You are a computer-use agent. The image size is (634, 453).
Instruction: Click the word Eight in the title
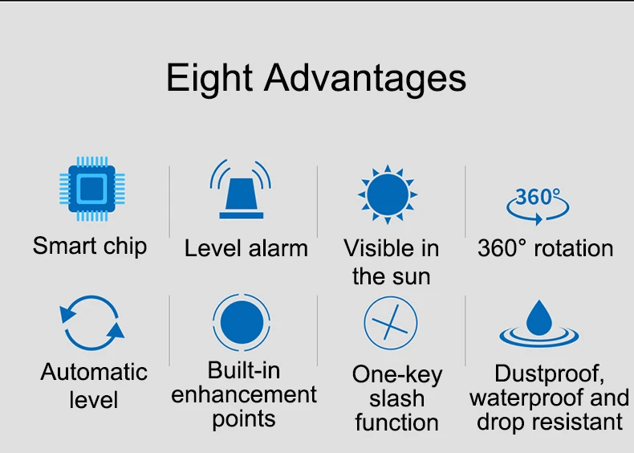click(x=209, y=79)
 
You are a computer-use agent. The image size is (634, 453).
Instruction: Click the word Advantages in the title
click(x=365, y=79)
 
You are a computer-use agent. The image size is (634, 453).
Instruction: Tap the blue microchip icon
click(x=92, y=189)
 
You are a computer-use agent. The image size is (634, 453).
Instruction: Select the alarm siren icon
click(x=241, y=189)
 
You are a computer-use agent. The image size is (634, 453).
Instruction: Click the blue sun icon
click(x=388, y=194)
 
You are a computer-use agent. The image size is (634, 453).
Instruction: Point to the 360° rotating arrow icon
click(x=538, y=206)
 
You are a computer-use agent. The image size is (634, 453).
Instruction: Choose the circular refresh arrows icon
click(x=91, y=323)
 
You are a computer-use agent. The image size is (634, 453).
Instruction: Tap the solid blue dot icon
click(x=242, y=322)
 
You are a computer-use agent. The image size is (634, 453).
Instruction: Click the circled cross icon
click(x=390, y=323)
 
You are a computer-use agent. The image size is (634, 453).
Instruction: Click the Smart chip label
click(x=89, y=246)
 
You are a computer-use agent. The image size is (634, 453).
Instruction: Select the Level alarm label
click(x=246, y=248)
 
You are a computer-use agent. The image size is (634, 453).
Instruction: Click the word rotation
click(x=573, y=248)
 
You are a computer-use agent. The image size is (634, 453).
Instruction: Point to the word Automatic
click(x=94, y=372)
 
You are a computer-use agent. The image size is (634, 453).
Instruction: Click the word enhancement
click(x=244, y=394)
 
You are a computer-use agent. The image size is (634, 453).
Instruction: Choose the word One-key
click(x=397, y=375)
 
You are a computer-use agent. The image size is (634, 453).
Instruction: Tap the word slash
click(x=396, y=398)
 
